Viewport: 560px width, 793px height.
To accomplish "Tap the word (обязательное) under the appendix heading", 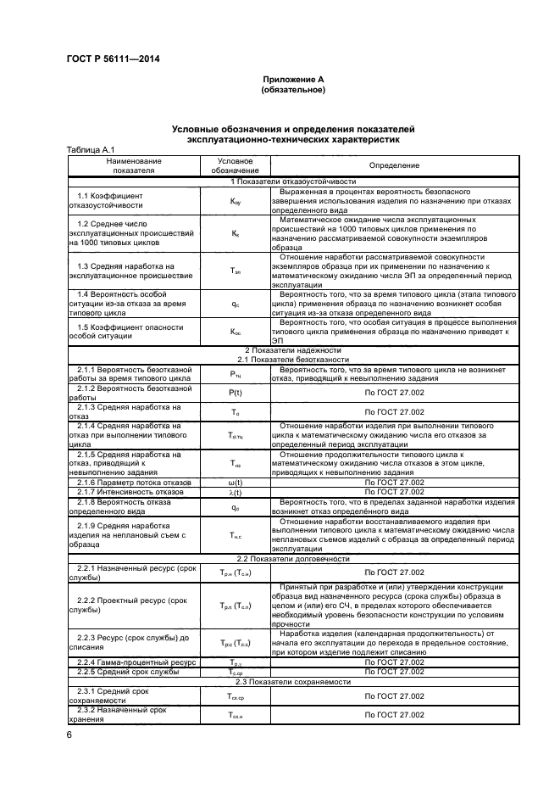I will point(292,88).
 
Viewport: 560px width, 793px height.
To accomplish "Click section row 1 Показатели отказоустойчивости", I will point(291,181).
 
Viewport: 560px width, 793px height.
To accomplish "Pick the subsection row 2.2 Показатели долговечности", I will point(291,558).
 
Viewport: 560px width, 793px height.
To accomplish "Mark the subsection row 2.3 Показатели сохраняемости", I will point(291,681).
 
